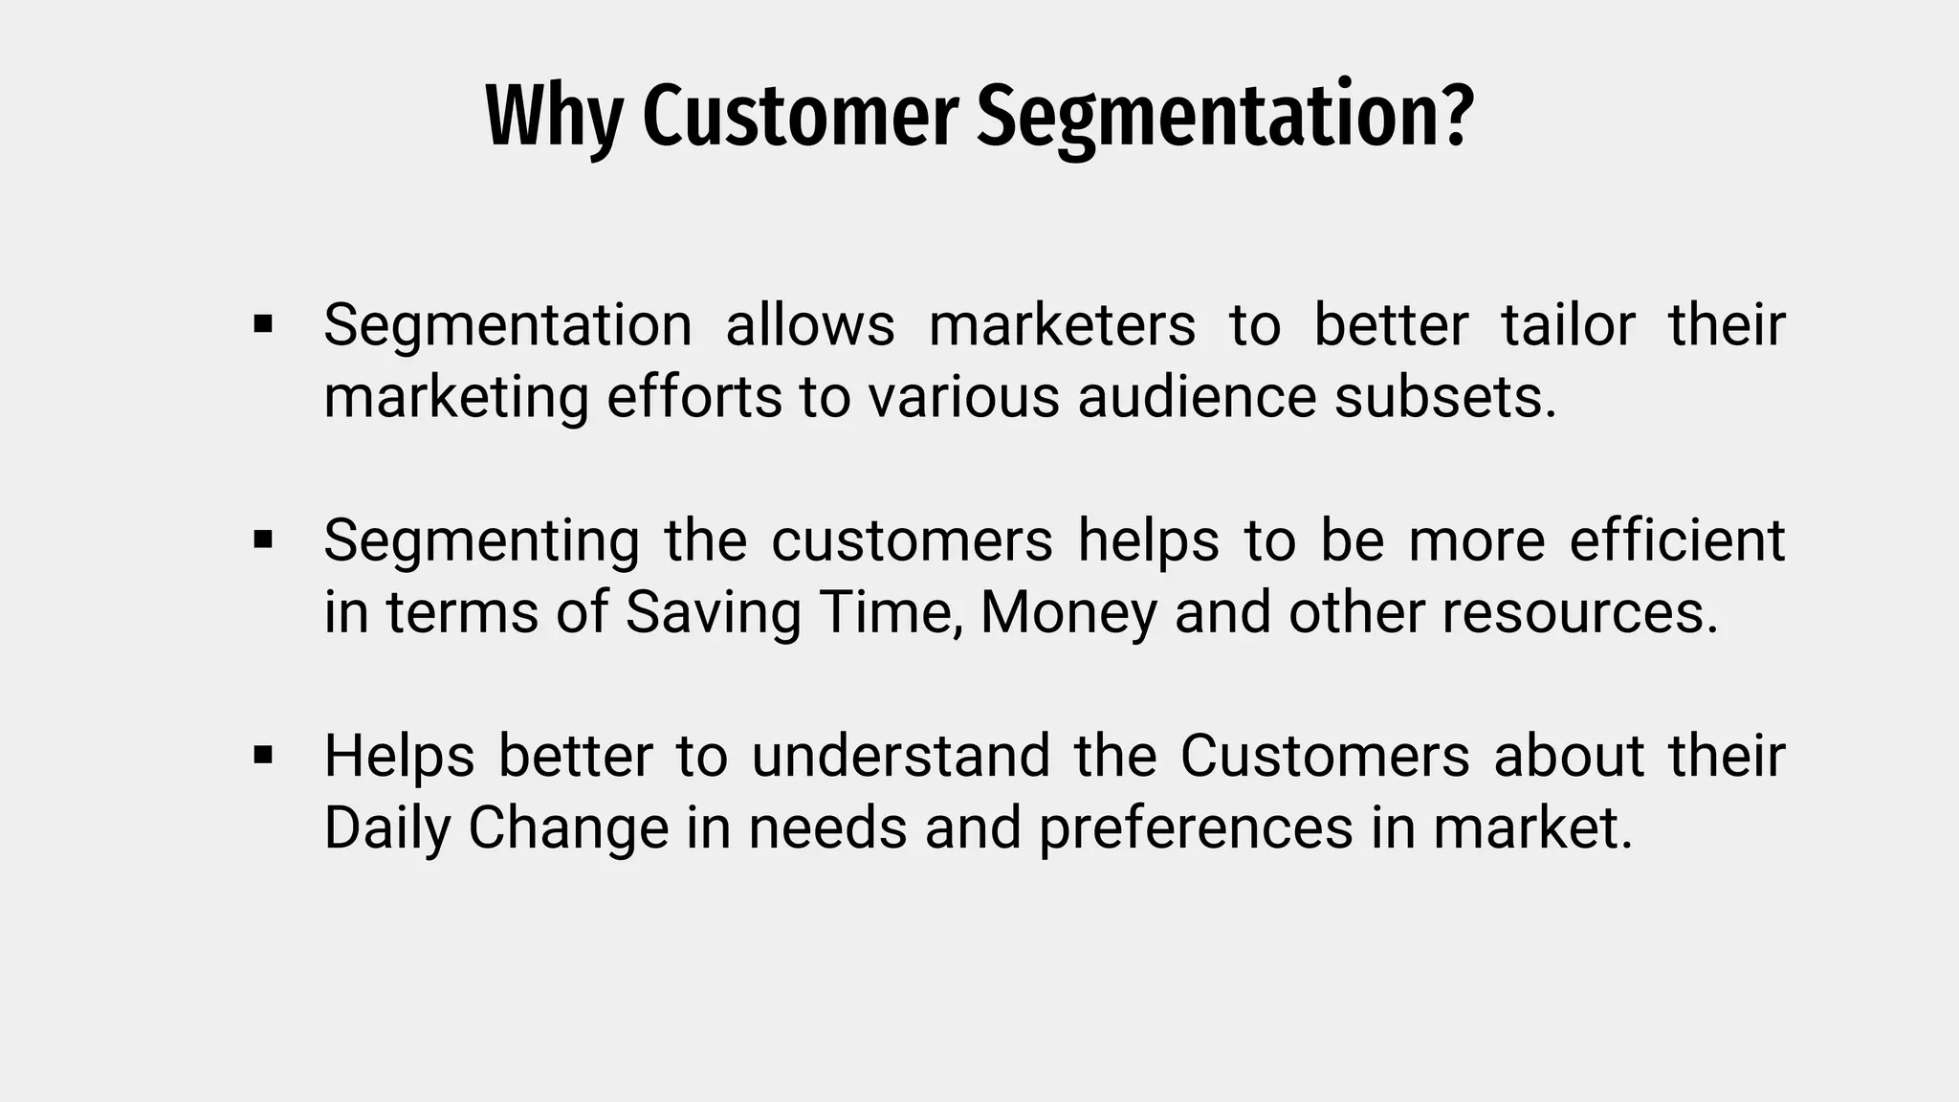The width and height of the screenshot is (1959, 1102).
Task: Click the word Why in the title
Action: point(554,117)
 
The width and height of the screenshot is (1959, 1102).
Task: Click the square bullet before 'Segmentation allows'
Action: point(263,324)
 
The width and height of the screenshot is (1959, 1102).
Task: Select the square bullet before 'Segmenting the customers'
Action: point(263,540)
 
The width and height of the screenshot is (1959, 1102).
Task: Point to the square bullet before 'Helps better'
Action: point(263,756)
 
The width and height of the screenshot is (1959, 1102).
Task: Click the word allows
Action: point(810,324)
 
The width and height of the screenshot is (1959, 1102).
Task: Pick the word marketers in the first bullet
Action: point(1062,324)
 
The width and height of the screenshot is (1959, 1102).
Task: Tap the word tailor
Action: point(1569,324)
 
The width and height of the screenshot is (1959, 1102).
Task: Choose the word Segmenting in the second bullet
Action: point(481,541)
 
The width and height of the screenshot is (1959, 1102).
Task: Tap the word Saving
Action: point(713,613)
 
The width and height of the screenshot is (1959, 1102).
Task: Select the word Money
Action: point(1068,613)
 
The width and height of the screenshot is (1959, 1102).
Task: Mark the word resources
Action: point(1579,612)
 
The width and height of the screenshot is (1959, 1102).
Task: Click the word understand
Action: point(900,756)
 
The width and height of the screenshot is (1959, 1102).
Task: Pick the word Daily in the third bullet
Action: point(386,828)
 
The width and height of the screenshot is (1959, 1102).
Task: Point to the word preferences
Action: point(1196,828)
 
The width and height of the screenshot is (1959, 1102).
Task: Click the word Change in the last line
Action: point(568,828)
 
